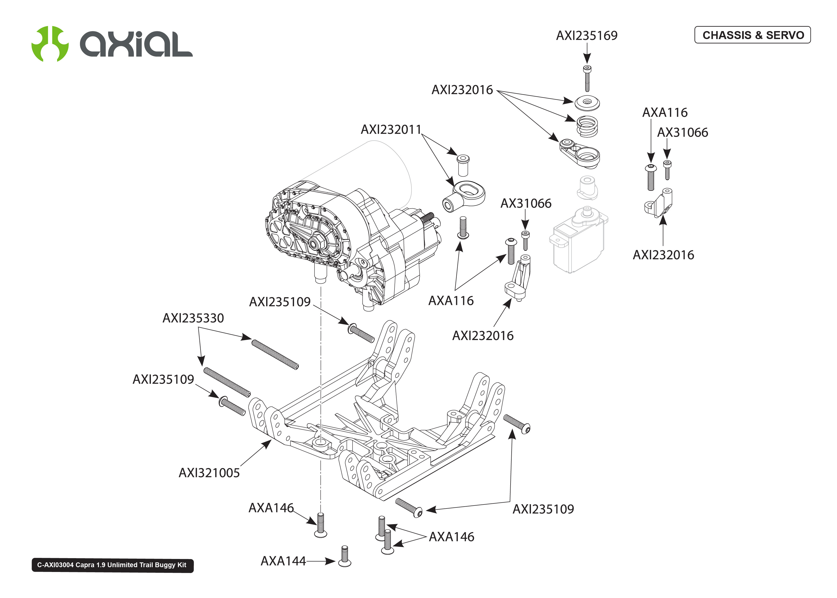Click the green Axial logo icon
coord(50,44)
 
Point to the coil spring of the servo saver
coord(587,126)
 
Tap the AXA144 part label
coord(283,561)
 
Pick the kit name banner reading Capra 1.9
coord(112,565)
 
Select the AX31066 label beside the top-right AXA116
coord(682,133)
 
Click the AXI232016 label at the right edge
coord(663,255)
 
